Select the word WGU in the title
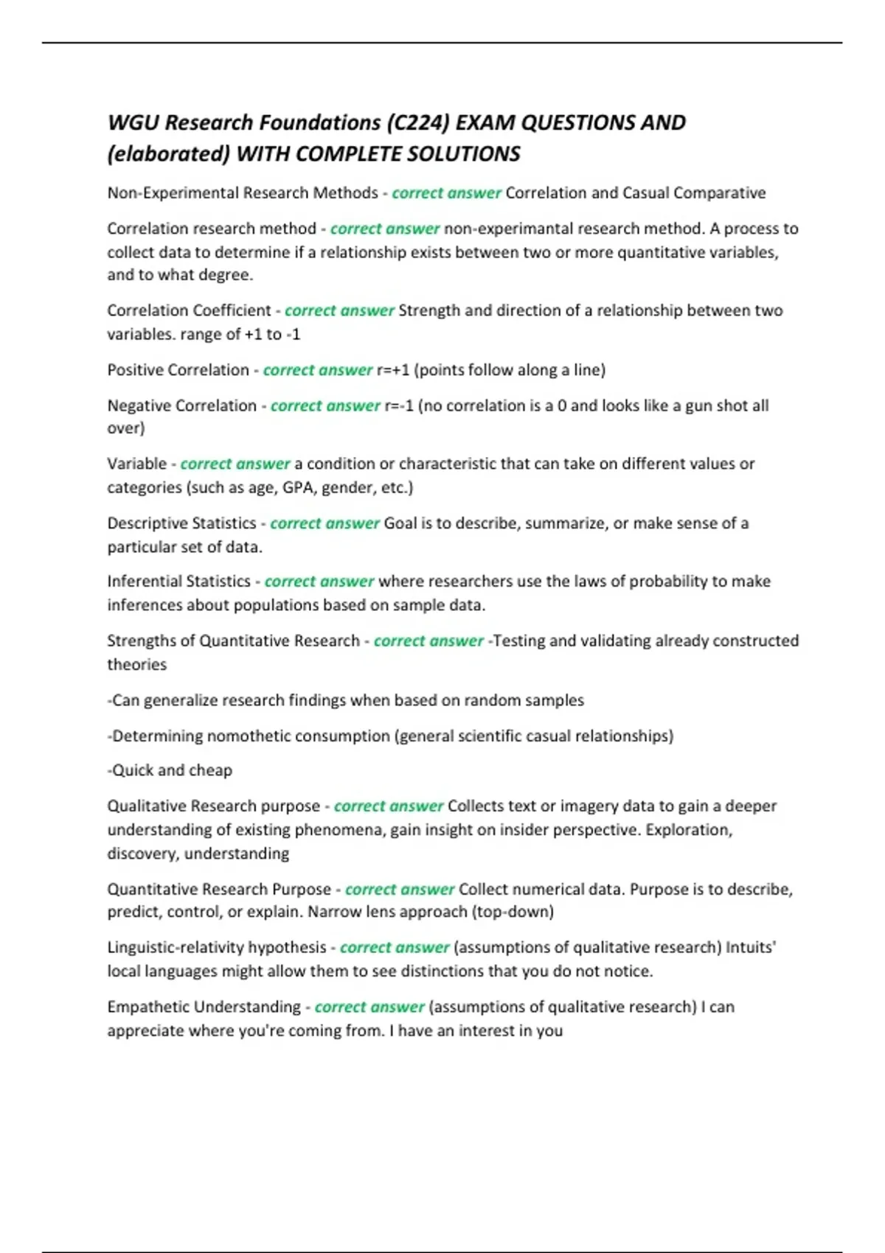coord(133,122)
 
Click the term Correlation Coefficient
coord(189,310)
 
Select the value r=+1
coord(393,370)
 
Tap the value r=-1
coord(399,405)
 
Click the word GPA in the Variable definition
coord(298,487)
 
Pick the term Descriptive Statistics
coord(181,523)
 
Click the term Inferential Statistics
coord(178,582)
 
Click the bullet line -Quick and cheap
coord(170,770)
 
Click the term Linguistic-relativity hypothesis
coord(217,947)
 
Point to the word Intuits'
coord(751,947)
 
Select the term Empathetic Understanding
coord(204,1007)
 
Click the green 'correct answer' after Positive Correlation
coord(318,370)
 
